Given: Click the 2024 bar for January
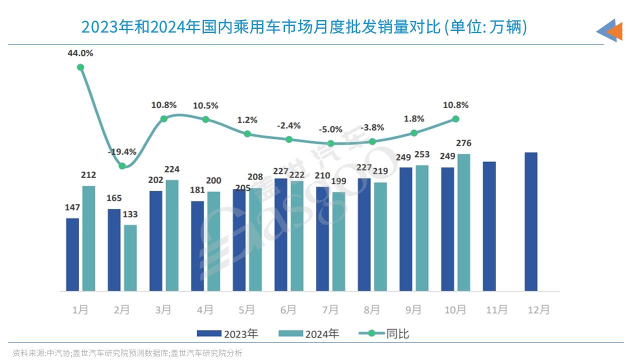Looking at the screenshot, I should pyautogui.click(x=88, y=238).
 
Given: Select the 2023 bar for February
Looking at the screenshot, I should pyautogui.click(x=114, y=250).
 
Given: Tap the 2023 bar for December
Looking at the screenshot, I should pyautogui.click(x=531, y=221).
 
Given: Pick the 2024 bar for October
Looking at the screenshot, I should pyautogui.click(x=463, y=222).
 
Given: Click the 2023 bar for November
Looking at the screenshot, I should pyautogui.click(x=489, y=226).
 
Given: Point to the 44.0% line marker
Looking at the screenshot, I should pyautogui.click(x=80, y=67).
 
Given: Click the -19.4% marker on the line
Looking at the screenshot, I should pyautogui.click(x=122, y=165).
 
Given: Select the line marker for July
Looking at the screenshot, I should pyautogui.click(x=330, y=143).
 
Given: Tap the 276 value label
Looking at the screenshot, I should pyautogui.click(x=463, y=144).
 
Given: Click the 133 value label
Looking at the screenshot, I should pyautogui.click(x=130, y=214).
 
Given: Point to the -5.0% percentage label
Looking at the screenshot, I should pyautogui.click(x=331, y=129).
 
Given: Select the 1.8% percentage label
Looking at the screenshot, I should pyautogui.click(x=414, y=119).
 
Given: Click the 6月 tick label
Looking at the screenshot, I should pyautogui.click(x=288, y=310).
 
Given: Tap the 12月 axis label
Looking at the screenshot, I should pyautogui.click(x=538, y=310).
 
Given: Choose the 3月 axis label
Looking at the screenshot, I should pyautogui.click(x=163, y=310).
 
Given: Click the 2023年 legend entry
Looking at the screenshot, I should pyautogui.click(x=227, y=333).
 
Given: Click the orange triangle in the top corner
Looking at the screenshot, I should pyautogui.click(x=615, y=31).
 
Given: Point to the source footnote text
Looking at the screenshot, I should pyautogui.click(x=127, y=353).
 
